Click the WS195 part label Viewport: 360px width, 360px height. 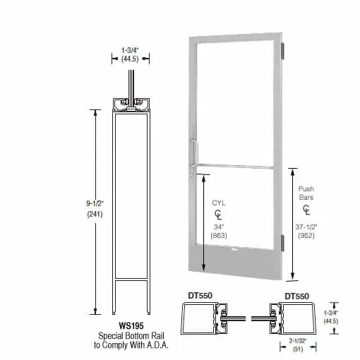pos(131,326)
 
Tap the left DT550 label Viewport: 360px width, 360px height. pos(200,296)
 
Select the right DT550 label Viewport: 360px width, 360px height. pos(297,296)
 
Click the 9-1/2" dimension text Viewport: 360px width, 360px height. pos(95,203)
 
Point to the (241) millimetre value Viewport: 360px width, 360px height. pos(95,214)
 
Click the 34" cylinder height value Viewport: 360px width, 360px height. pos(219,227)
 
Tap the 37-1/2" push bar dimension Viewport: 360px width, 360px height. pos(306,227)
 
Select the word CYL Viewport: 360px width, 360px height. pos(219,203)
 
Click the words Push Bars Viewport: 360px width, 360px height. pos(306,193)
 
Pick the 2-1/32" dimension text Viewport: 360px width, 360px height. pos(298,340)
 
